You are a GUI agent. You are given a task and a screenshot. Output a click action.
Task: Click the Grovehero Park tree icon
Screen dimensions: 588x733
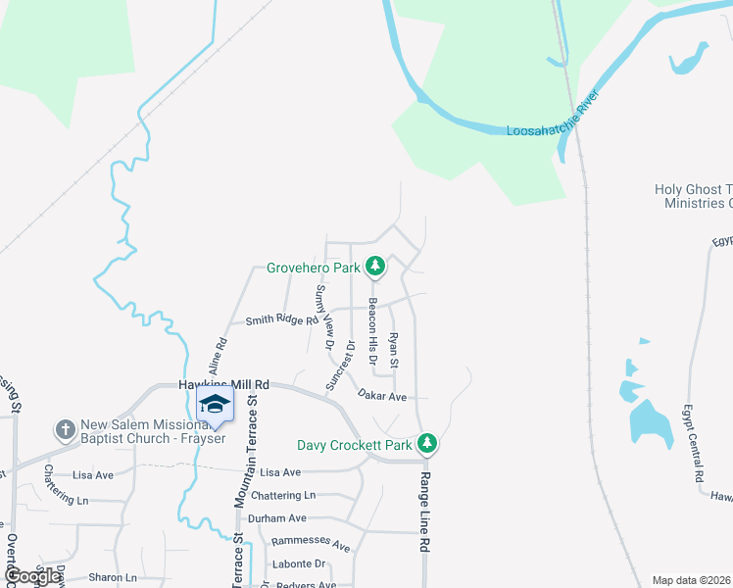coord(375,266)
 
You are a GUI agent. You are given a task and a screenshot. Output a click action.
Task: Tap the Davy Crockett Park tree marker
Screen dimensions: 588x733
coord(426,445)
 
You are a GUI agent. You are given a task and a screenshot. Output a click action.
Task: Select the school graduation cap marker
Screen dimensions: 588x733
coord(215,404)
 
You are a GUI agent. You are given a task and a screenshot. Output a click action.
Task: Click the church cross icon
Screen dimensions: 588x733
coord(66,429)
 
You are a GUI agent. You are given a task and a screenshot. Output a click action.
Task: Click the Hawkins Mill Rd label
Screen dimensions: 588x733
coord(223,385)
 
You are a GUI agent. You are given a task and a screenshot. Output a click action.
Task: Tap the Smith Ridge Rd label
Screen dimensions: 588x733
coord(282,320)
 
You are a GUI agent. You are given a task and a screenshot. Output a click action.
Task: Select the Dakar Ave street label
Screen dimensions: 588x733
coord(382,397)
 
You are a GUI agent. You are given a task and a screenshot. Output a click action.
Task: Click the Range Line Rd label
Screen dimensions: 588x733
coord(425,510)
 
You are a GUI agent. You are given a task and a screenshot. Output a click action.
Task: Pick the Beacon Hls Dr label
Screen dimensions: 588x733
coord(372,325)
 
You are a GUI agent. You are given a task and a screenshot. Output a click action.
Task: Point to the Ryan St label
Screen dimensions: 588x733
coord(394,350)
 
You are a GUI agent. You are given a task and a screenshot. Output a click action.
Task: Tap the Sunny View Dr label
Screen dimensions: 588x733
coord(324,318)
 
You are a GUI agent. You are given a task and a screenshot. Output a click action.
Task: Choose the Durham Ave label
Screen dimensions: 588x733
coord(277,518)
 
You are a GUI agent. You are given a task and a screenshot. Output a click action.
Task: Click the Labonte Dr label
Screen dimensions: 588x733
coord(299,564)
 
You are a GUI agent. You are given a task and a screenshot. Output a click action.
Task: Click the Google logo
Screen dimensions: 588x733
coord(31,577)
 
